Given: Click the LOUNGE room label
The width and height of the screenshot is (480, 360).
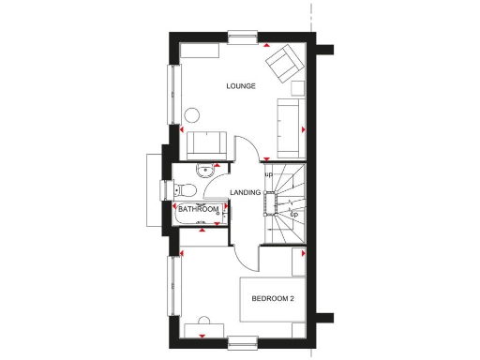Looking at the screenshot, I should click(x=241, y=86).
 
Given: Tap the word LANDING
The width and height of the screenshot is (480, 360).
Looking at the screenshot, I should click(x=245, y=192).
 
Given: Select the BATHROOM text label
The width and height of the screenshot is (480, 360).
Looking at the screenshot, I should click(x=199, y=209).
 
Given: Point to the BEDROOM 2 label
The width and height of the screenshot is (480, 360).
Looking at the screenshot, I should click(x=273, y=299).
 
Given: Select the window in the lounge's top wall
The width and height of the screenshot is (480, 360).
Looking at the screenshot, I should click(x=241, y=37).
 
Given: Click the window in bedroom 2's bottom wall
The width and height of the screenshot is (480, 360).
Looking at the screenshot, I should click(x=243, y=340).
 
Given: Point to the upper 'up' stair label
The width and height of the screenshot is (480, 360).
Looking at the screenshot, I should click(x=267, y=174).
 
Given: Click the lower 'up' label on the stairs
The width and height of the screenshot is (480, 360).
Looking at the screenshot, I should click(x=293, y=215).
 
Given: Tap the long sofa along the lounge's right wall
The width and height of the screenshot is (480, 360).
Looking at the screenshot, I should click(x=289, y=127).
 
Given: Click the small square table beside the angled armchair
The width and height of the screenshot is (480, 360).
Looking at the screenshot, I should click(x=299, y=89).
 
